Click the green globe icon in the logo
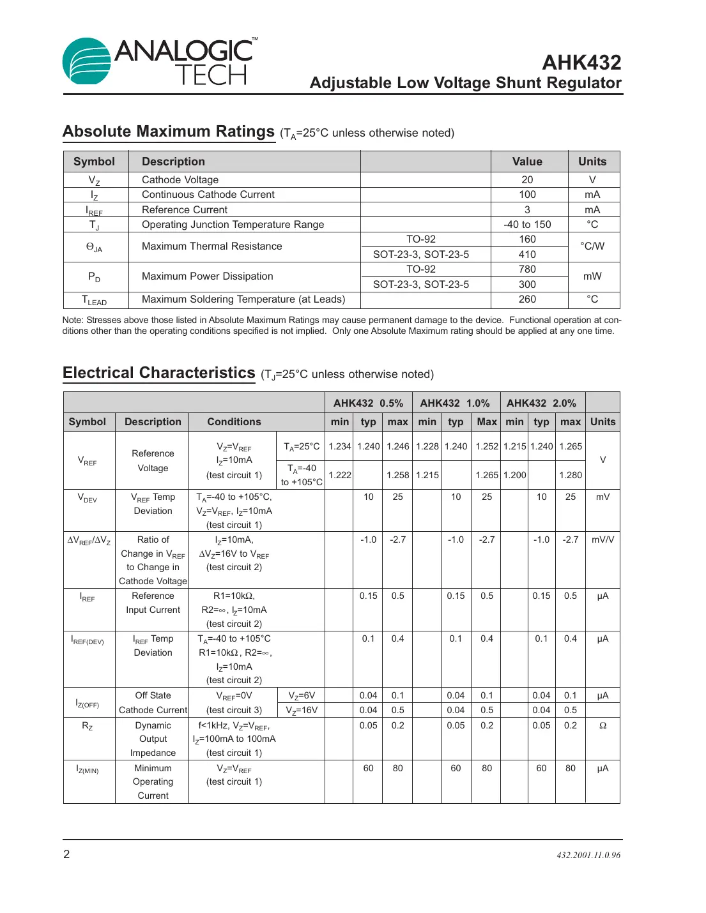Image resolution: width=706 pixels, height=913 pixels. [86, 61]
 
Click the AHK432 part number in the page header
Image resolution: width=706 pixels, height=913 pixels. [581, 63]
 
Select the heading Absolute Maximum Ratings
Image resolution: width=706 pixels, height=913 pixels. [169, 132]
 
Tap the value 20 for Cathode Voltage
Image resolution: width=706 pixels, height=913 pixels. [527, 180]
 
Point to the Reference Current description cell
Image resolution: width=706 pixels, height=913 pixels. [185, 210]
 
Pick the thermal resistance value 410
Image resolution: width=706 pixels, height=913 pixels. [527, 255]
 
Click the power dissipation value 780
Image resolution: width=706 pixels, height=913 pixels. [527, 269]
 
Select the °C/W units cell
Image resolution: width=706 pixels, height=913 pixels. [592, 246]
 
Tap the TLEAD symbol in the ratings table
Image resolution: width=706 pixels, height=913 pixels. [95, 300]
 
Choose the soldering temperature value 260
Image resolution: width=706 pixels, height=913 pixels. [527, 299]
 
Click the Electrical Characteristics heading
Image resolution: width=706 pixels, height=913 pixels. [159, 373]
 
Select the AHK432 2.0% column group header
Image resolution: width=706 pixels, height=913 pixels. [541, 404]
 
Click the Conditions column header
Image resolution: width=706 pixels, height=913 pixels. [234, 422]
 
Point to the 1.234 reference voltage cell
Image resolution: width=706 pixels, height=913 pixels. [339, 447]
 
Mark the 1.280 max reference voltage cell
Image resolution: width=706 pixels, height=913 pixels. [570, 475]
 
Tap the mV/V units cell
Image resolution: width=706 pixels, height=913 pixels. [602, 540]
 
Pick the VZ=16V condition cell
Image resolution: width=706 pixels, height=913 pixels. [302, 711]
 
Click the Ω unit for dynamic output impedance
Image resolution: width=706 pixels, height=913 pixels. [602, 726]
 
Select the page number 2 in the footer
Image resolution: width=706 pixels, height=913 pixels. [66, 854]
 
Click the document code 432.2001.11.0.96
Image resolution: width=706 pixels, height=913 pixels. [588, 856]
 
